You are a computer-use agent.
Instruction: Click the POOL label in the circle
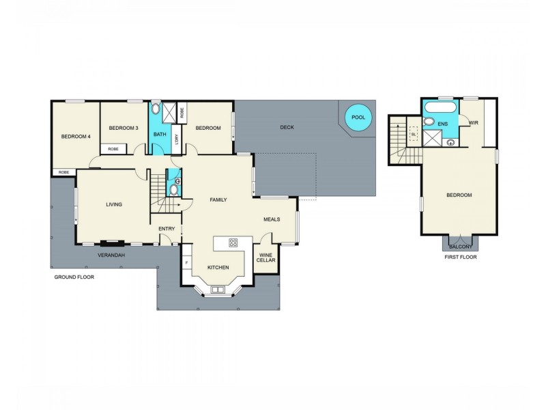(358, 118)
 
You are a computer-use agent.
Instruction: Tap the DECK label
(287, 128)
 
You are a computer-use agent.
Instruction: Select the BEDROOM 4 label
(76, 137)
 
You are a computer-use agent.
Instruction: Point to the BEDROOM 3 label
(124, 128)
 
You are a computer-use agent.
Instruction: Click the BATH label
(160, 134)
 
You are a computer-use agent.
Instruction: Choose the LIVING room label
(113, 204)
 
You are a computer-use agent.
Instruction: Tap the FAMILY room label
(218, 200)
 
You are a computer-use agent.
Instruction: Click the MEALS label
(272, 219)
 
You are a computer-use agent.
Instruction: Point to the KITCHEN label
(218, 267)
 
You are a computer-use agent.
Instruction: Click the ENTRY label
(167, 229)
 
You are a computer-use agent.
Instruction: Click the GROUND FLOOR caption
(74, 277)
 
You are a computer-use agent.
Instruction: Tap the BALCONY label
(459, 247)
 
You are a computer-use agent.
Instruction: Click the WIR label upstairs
(473, 122)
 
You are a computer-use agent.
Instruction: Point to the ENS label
(443, 124)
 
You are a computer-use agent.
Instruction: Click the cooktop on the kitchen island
(233, 242)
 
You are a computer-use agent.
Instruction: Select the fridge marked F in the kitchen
(186, 262)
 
